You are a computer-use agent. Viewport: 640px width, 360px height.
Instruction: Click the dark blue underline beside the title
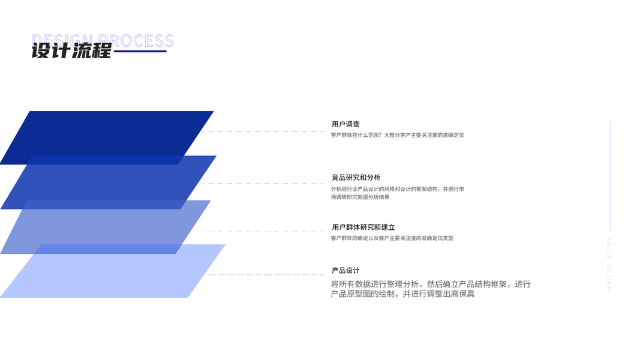(x=140, y=52)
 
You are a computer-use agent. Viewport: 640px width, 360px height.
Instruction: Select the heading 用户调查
(x=345, y=124)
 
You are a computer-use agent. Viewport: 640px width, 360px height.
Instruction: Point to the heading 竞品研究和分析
(x=356, y=178)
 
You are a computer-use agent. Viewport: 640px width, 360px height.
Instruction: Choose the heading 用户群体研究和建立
(x=363, y=227)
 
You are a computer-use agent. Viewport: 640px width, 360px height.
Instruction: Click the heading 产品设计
(x=345, y=271)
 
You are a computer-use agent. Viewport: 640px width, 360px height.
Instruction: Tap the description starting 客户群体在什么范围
(x=397, y=135)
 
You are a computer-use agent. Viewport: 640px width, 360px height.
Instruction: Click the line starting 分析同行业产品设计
(x=397, y=189)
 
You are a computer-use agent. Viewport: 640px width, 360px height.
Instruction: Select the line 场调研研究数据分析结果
(x=360, y=197)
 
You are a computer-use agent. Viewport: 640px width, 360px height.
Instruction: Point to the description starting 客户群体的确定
(x=392, y=238)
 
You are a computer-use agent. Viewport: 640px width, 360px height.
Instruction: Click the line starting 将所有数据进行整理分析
(x=430, y=284)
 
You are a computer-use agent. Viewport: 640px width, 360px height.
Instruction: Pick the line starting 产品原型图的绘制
(x=402, y=294)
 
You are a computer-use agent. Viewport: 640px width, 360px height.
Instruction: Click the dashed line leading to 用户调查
(x=264, y=131)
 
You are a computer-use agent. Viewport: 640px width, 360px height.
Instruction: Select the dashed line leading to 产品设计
(x=267, y=275)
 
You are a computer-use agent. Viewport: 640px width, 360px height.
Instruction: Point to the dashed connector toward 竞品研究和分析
(x=264, y=184)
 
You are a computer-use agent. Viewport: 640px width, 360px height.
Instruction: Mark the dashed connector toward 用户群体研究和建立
(x=264, y=232)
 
